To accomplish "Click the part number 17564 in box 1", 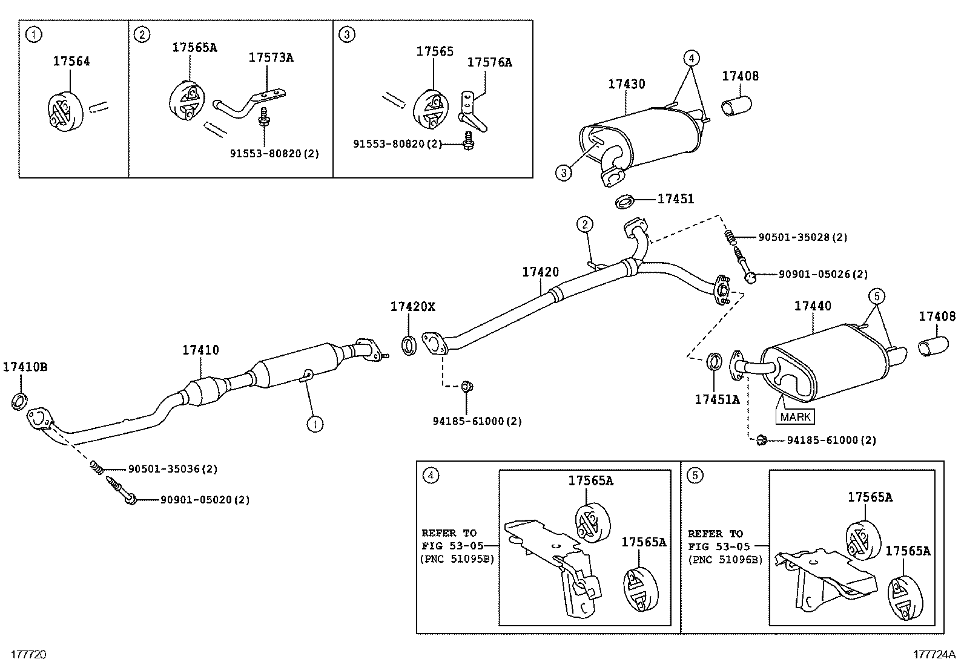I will point(71,61).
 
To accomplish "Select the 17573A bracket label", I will point(271,57).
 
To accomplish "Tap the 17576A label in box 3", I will point(489,62).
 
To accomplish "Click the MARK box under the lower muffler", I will point(795,417).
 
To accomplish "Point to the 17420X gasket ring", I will point(409,346).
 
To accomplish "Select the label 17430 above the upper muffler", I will point(627,84).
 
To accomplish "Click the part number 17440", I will point(813,306).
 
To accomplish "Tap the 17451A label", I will point(717,399).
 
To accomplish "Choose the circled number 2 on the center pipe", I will point(584,225).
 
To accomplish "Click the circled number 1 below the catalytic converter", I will point(314,425).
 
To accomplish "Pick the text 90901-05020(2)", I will point(205,500).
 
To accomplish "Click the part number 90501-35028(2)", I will point(803,237).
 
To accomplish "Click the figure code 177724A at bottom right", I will point(934,654).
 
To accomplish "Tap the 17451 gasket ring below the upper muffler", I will point(626,201).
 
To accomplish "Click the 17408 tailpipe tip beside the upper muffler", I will point(736,106).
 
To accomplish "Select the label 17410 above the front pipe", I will point(200,350).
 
